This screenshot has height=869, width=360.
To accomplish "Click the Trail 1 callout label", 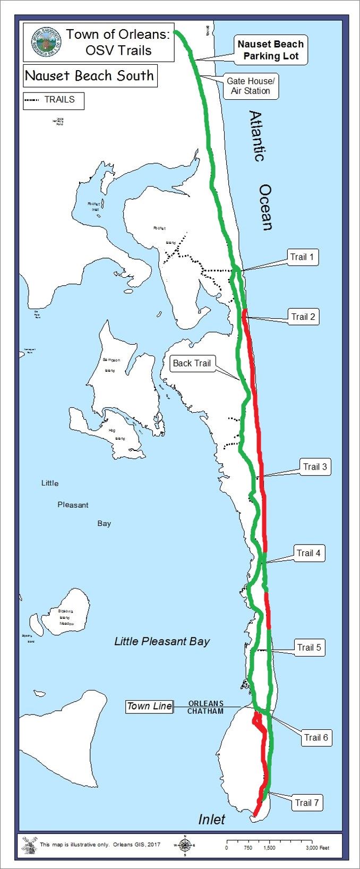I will coord(302,258).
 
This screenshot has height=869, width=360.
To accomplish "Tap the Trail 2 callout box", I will coord(303,317).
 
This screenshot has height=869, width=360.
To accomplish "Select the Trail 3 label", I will coord(315,467).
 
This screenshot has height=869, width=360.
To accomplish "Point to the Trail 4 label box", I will coord(308,553).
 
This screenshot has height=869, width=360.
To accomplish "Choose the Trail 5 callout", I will coord(309,648).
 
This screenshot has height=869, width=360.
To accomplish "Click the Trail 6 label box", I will coord(316,737).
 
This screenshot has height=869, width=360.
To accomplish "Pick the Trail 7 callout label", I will coord(307,803).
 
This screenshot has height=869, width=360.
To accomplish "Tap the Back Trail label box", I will coord(192,363).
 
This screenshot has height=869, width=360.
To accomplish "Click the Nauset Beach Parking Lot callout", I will coord(271,50).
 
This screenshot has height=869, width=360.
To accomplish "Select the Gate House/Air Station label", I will coord(251,86).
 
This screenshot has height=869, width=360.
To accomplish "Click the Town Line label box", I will coord(149,706).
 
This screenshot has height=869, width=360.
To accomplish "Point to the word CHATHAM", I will coord(205,711).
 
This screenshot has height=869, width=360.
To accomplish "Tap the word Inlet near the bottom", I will coord(212,820).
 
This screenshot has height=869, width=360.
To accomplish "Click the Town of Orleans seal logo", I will coord(46,42).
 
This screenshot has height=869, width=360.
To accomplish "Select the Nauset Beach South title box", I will coord(89,75).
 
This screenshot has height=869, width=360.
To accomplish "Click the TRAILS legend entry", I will coord(54,100).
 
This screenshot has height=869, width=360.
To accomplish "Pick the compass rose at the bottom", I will coord(185,845).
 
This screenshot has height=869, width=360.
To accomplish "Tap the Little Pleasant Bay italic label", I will coord(162,642).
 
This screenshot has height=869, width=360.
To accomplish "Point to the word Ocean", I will coord(266,207).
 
